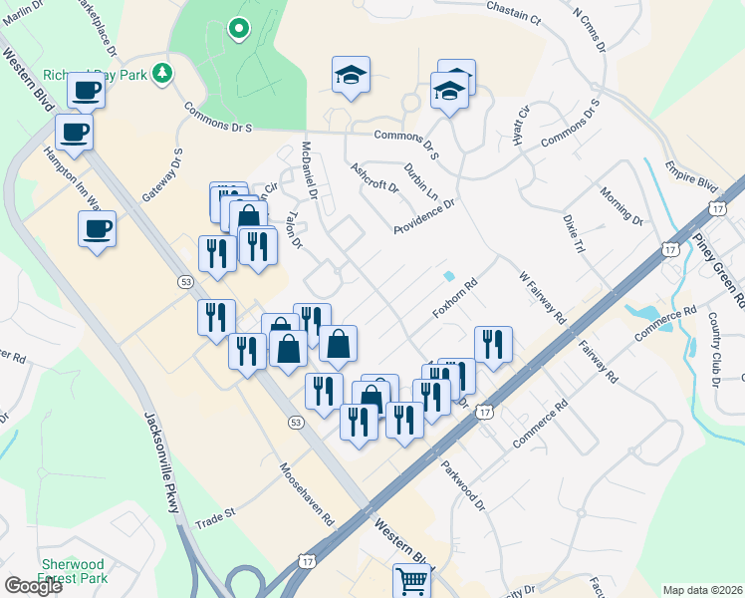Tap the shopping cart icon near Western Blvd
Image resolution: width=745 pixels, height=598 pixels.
coord(412,578)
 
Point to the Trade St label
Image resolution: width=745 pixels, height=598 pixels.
coord(214,519)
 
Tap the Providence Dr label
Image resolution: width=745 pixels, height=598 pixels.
coord(423,215)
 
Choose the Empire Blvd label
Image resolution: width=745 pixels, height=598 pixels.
coord(691,175)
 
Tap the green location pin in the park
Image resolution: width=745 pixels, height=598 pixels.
coord(237,29)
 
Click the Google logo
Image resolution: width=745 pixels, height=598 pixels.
coord(33,586)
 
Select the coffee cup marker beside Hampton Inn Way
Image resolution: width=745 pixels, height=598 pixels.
coord(97,229)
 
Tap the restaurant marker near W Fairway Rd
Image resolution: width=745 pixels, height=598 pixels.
coord(493,344)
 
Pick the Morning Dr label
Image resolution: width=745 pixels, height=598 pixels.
coord(622,204)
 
